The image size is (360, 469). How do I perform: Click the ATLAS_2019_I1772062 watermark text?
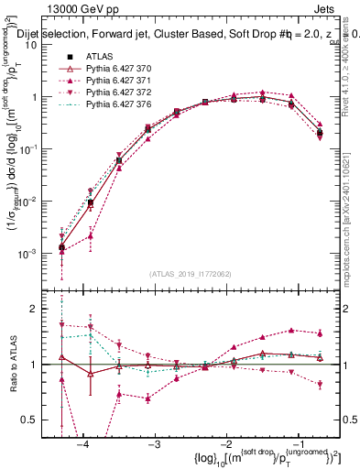click(191, 273)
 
